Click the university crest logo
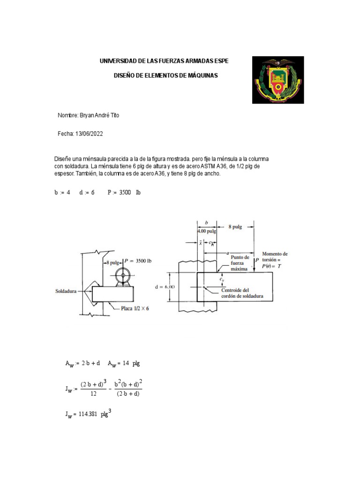click(x=278, y=80)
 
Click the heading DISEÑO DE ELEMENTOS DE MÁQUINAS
click(x=166, y=75)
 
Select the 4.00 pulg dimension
click(x=207, y=231)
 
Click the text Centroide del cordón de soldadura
click(x=242, y=293)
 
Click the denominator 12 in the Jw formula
click(x=93, y=394)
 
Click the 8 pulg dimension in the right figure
click(x=235, y=226)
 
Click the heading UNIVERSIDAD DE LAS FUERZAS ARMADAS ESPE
click(x=165, y=61)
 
